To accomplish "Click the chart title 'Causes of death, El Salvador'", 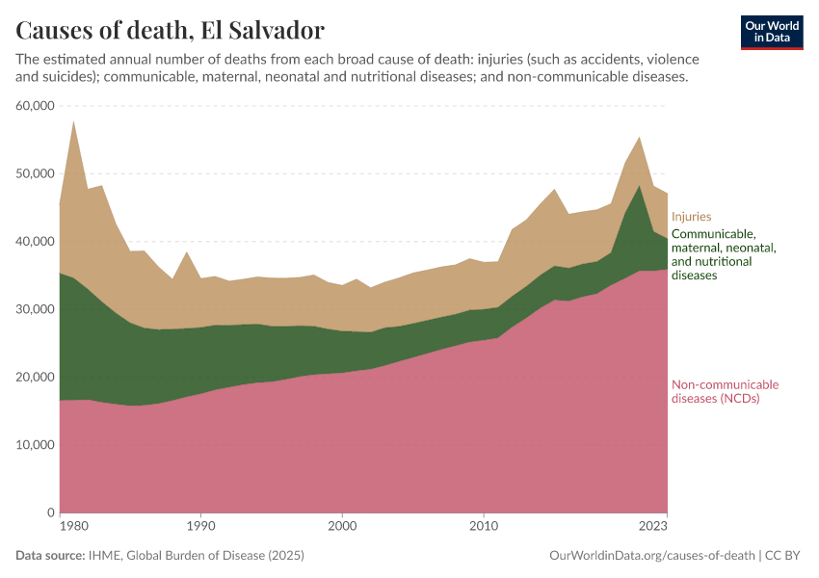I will click(x=171, y=30).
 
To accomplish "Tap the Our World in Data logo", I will click(x=772, y=32).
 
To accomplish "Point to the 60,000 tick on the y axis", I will click(x=35, y=106).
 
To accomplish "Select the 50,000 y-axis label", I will click(x=35, y=173).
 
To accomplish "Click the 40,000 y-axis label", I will click(x=35, y=242).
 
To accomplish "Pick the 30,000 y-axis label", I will click(x=35, y=309).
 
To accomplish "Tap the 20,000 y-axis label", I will click(x=35, y=377).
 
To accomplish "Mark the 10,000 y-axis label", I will click(x=35, y=445).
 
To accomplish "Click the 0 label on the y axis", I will click(x=49, y=512).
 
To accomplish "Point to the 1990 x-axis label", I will click(x=200, y=527).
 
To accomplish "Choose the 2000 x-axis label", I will click(x=342, y=527).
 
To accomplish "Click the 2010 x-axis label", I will click(x=484, y=527).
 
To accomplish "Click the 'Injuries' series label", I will click(x=691, y=217).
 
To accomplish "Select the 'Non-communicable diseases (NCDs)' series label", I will click(x=725, y=391).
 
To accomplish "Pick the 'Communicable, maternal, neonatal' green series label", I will click(x=723, y=254).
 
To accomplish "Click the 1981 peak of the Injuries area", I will click(x=74, y=122).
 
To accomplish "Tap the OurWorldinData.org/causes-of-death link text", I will click(x=651, y=556).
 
